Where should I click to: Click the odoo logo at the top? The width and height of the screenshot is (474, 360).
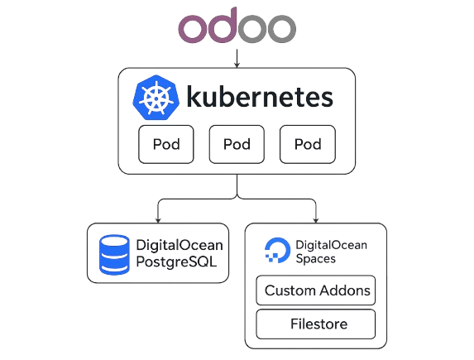click(x=237, y=26)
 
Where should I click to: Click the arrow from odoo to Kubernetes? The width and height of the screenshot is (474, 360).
click(x=237, y=58)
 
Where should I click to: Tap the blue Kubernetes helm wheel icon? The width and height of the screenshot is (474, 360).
click(x=156, y=98)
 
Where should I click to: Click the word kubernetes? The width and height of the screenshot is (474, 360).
click(x=260, y=97)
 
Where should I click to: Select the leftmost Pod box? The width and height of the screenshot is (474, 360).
click(x=166, y=144)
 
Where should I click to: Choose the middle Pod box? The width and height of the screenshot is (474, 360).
click(x=237, y=144)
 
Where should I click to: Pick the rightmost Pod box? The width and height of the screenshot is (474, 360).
click(x=308, y=144)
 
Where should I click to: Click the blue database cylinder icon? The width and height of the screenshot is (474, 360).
click(x=114, y=255)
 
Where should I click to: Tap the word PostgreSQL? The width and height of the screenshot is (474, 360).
click(x=176, y=262)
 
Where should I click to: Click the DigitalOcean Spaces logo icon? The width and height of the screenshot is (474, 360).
click(x=277, y=251)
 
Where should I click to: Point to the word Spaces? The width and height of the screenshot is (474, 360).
click(x=316, y=259)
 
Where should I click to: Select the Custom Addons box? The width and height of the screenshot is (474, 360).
click(x=316, y=290)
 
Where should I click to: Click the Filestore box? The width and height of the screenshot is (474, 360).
click(x=316, y=324)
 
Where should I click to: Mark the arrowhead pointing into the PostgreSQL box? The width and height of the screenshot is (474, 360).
click(x=158, y=220)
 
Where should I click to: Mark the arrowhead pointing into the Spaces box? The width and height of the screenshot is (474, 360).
click(x=316, y=220)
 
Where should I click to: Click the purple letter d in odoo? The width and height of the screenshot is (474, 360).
click(x=222, y=26)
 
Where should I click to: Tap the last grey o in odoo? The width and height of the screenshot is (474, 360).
click(x=281, y=28)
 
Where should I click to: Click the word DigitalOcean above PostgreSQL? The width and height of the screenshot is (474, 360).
click(x=180, y=245)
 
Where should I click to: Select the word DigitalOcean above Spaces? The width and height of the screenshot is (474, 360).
click(x=332, y=245)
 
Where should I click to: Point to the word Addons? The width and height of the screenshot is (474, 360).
click(x=345, y=290)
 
